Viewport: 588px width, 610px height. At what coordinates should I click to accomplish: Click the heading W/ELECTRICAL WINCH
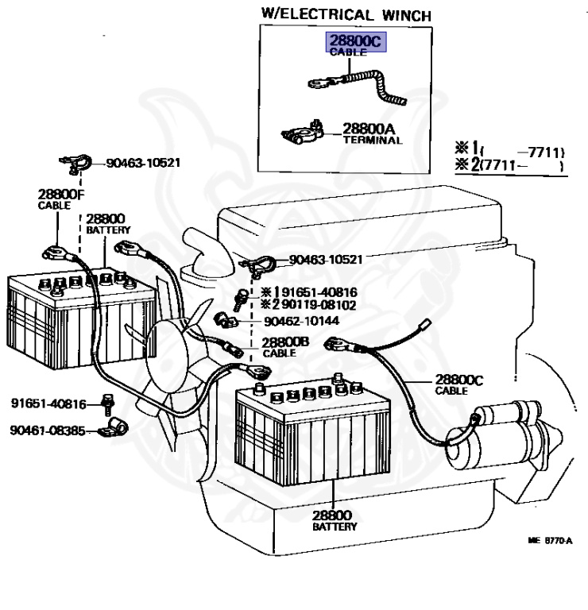tap(346, 14)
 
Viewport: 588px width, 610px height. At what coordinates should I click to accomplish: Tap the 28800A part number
tap(369, 127)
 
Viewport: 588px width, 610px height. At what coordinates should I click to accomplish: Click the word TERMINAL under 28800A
tap(372, 140)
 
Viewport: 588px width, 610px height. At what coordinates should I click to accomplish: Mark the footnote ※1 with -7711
tap(508, 150)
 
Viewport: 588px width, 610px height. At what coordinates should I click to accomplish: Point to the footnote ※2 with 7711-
tap(508, 166)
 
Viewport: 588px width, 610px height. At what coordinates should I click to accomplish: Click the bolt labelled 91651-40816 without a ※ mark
tap(106, 404)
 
